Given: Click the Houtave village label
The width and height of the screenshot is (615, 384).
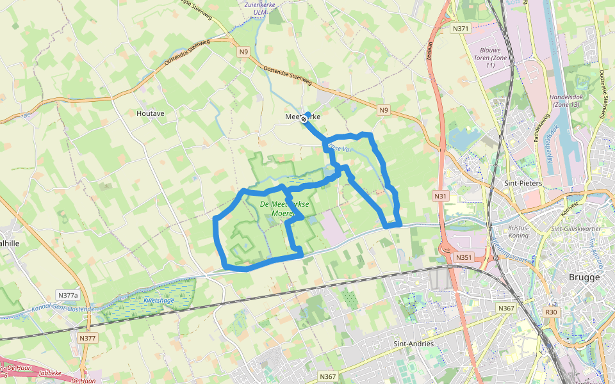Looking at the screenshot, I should click(151, 113).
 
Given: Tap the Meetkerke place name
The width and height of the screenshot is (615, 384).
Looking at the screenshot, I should click(302, 117).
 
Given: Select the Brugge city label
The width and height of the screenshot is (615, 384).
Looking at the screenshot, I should click(584, 277).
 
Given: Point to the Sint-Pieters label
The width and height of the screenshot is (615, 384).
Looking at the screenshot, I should click(523, 184).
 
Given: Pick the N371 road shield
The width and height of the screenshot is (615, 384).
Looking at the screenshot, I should click(461, 29).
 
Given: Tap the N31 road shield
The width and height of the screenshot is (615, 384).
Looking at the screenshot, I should click(440, 196).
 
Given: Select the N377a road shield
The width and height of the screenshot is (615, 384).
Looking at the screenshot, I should click(67, 295).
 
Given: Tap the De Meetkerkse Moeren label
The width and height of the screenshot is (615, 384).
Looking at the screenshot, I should click(285, 209).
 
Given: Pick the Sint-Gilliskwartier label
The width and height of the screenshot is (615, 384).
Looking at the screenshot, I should click(576, 228).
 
